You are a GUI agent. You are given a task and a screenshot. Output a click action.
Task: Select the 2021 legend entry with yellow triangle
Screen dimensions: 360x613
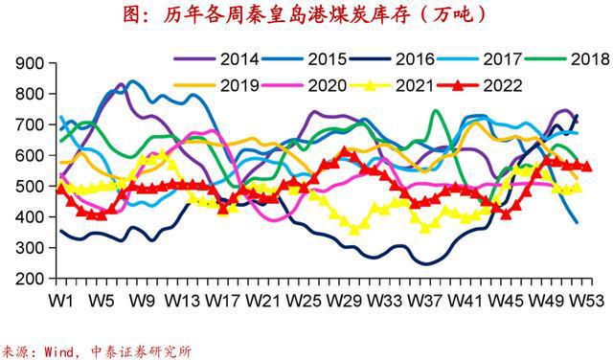tap(421, 85)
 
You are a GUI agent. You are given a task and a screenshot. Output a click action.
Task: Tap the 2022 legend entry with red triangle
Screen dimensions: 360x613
tap(502, 85)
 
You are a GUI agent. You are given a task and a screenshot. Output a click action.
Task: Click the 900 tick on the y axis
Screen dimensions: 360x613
tap(31, 63)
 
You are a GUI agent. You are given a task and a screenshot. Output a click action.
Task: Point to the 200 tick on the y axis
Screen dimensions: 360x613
tap(31, 279)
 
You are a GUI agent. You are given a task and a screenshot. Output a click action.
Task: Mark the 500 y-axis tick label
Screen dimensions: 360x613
tap(31, 187)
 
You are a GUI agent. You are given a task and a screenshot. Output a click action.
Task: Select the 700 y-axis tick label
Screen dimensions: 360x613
tap(31, 125)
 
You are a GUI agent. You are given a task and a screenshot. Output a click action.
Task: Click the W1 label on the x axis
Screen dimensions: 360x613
tap(63, 300)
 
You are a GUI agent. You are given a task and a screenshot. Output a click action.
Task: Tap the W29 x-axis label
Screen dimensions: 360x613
tap(343, 300)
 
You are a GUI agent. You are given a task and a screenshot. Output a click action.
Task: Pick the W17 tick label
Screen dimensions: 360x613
tap(223, 300)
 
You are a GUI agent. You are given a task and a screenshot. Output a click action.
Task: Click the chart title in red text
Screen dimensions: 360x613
tap(306, 14)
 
